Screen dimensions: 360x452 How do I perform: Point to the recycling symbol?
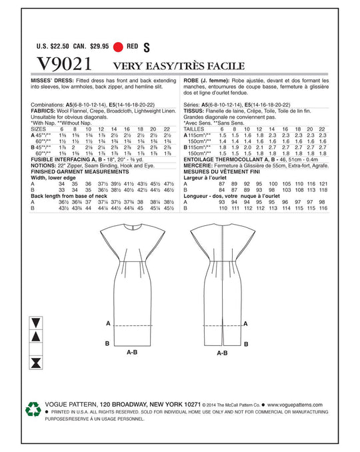click(33, 409)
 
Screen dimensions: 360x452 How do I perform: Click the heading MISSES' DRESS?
click(53, 81)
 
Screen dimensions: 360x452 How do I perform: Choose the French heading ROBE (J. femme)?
click(205, 81)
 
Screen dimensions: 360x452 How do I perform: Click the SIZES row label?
click(40, 128)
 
